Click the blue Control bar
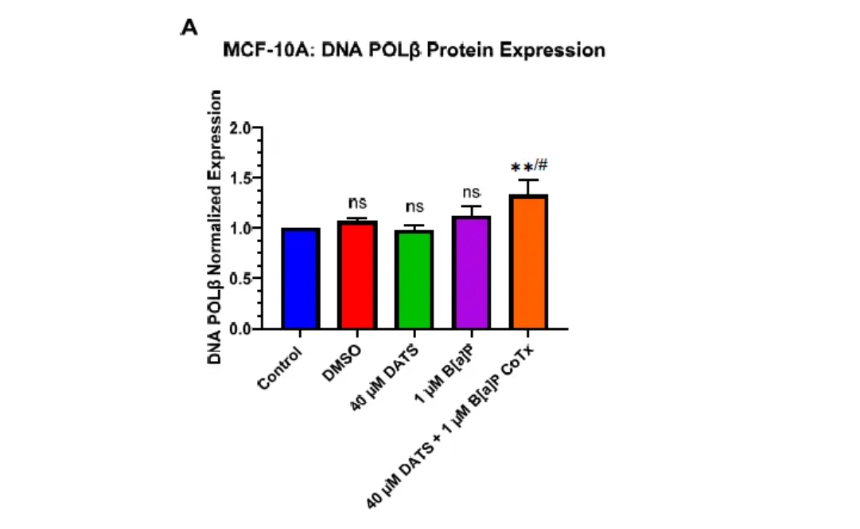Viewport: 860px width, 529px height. click(301, 279)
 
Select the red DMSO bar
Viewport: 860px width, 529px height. click(357, 275)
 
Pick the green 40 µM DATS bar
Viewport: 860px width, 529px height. click(414, 280)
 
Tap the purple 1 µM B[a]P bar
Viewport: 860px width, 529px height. click(471, 272)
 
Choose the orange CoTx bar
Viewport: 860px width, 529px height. click(528, 261)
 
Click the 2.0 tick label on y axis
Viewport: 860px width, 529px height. click(240, 128)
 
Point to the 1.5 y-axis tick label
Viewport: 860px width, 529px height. click(240, 178)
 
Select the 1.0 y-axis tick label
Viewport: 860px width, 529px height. click(240, 229)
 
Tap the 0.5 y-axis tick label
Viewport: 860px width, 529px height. click(240, 279)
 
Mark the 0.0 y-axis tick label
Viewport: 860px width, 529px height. click(240, 328)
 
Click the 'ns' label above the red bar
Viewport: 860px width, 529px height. click(357, 203)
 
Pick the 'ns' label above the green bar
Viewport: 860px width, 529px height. click(414, 206)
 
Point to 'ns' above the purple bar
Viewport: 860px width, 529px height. click(471, 193)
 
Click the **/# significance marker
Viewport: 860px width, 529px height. click(529, 166)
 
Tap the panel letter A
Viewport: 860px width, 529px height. click(189, 27)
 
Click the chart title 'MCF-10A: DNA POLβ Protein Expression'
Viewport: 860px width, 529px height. click(414, 50)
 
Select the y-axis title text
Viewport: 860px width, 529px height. click(215, 227)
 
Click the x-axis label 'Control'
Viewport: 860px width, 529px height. click(280, 369)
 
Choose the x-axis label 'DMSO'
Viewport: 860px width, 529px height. click(342, 363)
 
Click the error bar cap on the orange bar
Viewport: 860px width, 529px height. click(528, 180)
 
